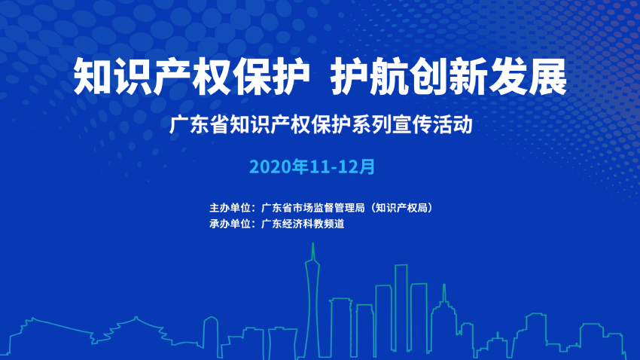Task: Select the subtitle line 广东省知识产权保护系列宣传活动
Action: (321, 124)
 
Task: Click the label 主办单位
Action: (230, 207)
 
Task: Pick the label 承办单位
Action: (230, 223)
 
